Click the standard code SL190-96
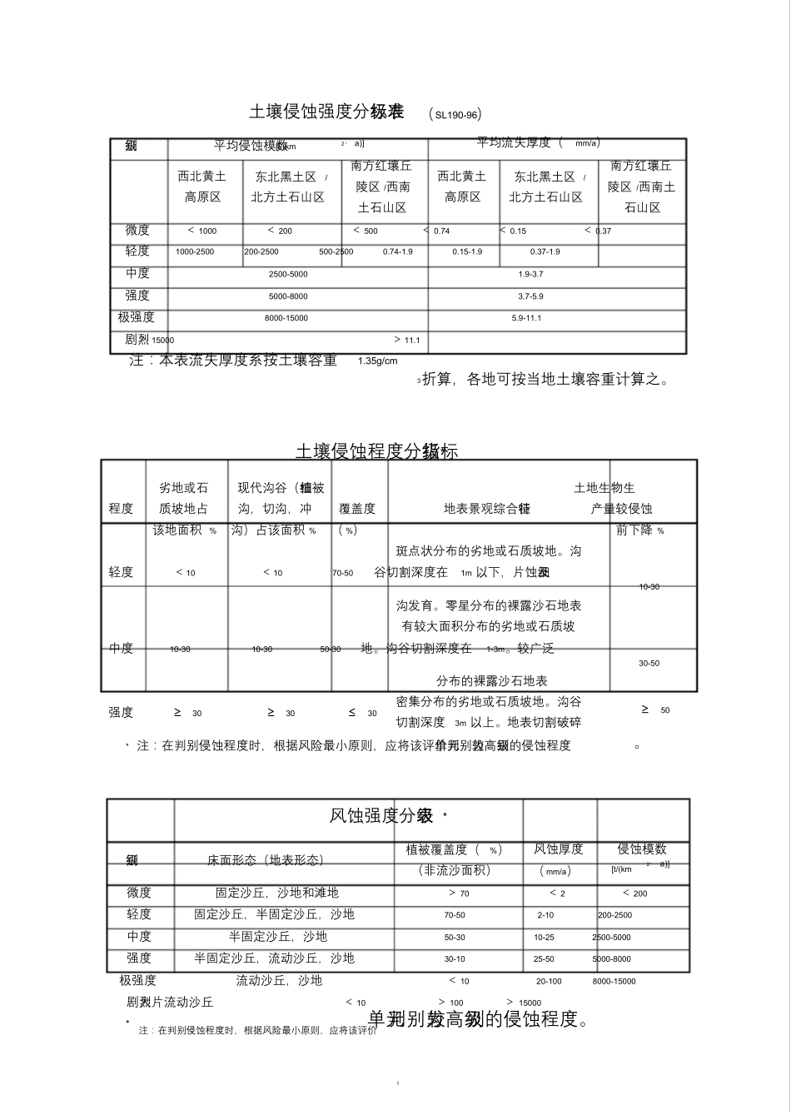point(454,114)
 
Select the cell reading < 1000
point(202,231)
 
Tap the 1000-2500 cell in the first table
point(195,251)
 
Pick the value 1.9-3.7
point(530,274)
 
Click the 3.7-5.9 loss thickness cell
point(530,296)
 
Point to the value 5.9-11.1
point(527,318)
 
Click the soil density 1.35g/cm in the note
point(377,361)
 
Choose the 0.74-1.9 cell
point(398,251)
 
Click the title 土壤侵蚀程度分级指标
point(376,451)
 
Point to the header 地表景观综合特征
point(487,508)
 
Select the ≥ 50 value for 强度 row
point(655,710)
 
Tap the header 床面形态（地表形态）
point(266,860)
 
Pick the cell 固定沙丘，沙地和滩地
point(277,893)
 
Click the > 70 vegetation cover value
point(459,894)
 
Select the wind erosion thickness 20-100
point(549,981)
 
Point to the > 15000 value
point(524,1003)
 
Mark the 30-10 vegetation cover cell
point(455,958)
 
